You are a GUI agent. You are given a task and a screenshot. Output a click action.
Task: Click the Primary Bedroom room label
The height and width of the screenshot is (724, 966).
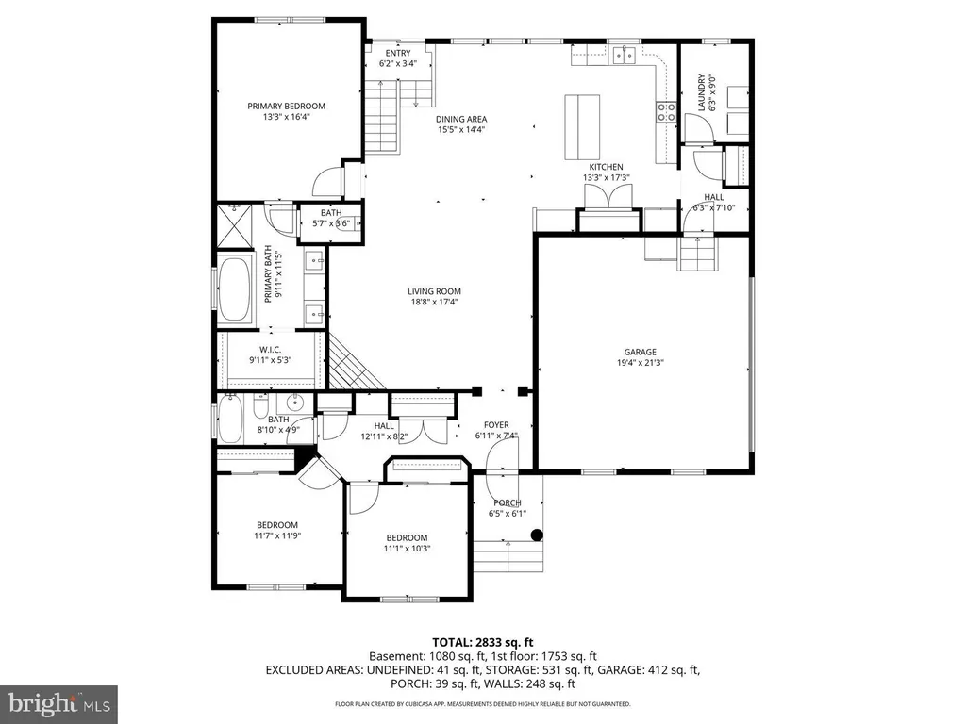click(286, 106)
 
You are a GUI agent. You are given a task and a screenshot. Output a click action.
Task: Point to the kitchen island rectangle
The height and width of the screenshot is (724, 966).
click(581, 128)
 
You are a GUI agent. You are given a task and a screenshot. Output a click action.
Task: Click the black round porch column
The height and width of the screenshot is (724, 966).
click(537, 535)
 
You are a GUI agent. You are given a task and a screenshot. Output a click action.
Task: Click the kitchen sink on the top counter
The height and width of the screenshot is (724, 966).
click(622, 56)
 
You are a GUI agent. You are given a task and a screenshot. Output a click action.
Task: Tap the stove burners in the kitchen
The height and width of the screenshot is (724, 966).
click(665, 112)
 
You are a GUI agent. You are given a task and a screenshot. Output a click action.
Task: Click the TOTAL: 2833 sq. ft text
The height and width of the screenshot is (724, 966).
click(482, 640)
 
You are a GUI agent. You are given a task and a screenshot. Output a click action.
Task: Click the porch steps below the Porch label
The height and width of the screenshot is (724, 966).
click(509, 556)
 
